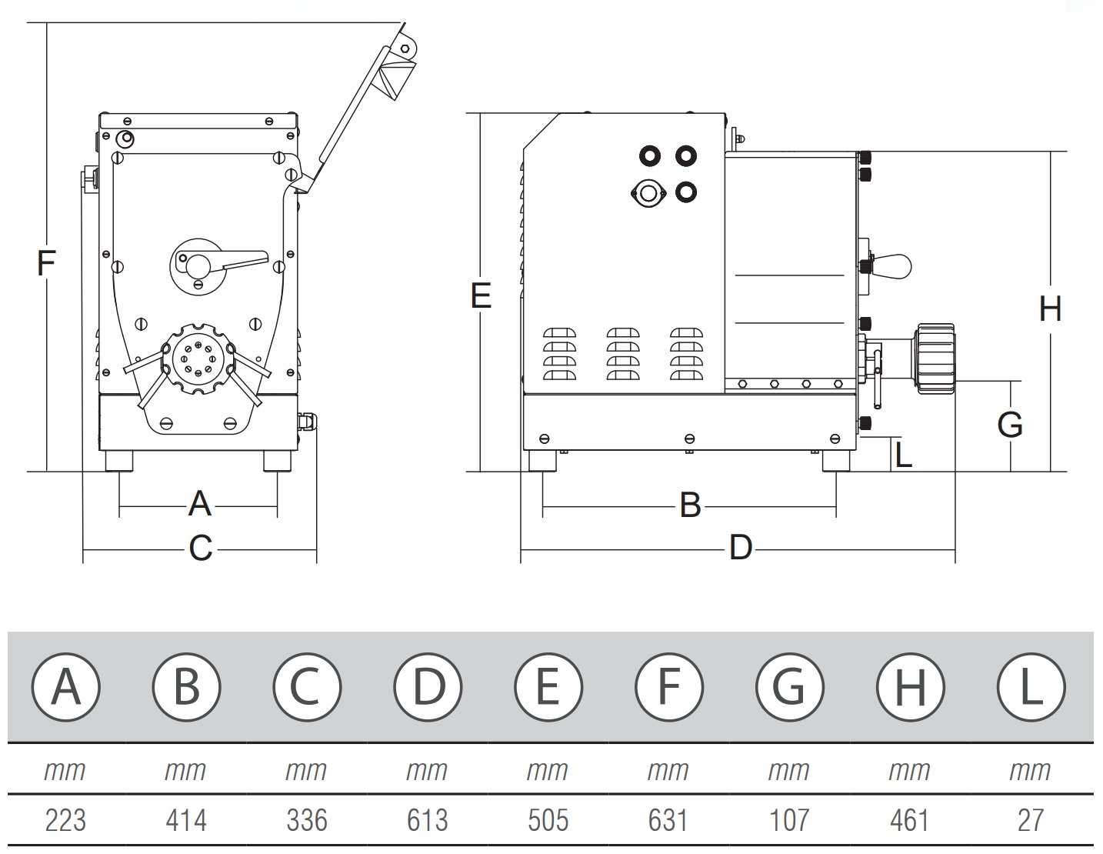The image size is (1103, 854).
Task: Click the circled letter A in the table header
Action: tap(66, 686)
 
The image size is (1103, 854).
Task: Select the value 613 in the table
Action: tap(427, 820)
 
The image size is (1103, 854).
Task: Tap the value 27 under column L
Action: tap(1030, 820)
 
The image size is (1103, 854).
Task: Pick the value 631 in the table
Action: tap(668, 820)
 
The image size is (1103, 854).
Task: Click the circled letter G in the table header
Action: tap(789, 686)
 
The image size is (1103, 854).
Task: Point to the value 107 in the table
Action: tap(788, 820)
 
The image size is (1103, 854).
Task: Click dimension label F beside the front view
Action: tap(46, 264)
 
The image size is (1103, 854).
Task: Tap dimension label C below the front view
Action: tap(200, 549)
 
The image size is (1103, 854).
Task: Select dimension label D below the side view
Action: tap(740, 549)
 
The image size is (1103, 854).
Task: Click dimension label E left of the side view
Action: tap(481, 295)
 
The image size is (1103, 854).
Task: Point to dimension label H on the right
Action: tap(1050, 309)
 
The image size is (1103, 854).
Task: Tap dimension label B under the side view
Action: tap(690, 505)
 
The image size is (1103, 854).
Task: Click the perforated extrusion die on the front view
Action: tap(198, 360)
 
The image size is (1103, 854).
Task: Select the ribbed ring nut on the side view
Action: tap(935, 359)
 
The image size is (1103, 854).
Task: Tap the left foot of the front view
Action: tap(119, 460)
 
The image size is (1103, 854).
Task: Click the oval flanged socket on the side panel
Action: tap(648, 192)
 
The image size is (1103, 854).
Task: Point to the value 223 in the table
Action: tap(65, 820)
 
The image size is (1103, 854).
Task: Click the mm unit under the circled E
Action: tap(547, 770)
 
